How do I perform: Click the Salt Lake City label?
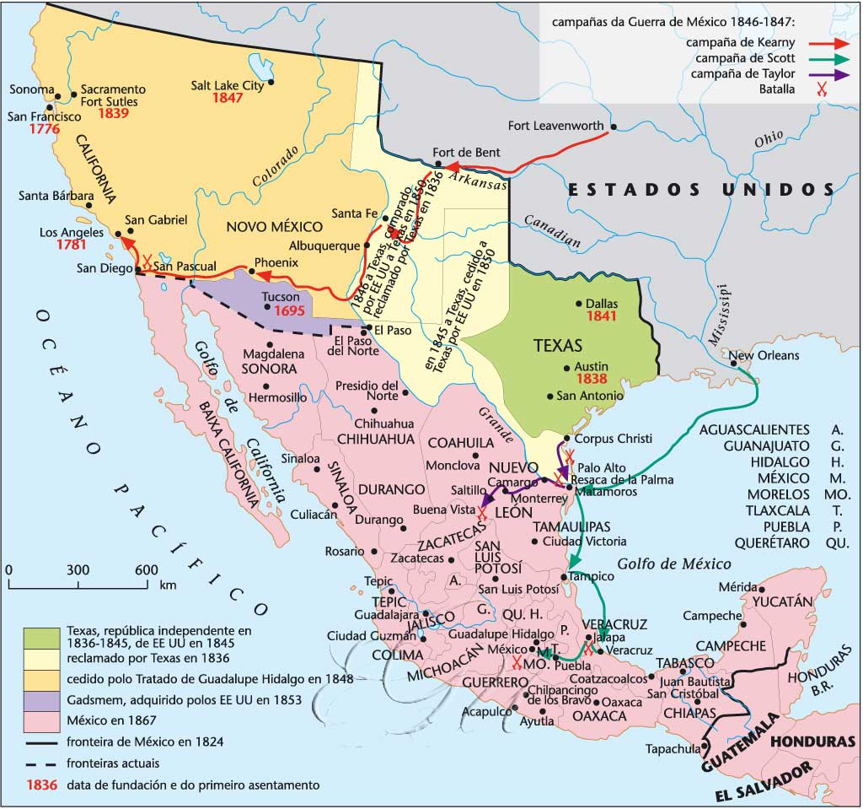click(x=228, y=85)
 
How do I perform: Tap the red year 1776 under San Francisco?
click(x=43, y=130)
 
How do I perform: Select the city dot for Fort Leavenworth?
click(x=613, y=127)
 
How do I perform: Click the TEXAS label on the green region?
click(x=559, y=345)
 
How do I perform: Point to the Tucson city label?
click(x=281, y=297)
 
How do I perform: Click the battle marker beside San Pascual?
click(x=148, y=262)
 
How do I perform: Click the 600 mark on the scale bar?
click(x=145, y=569)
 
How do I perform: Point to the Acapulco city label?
click(x=485, y=710)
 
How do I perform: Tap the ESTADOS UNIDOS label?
click(x=700, y=189)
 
